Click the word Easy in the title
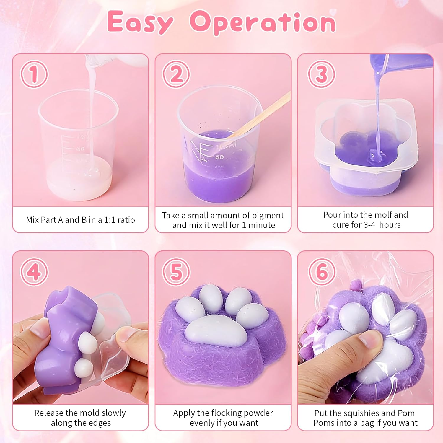click(140, 22)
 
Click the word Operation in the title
click(263, 22)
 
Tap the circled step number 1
click(34, 74)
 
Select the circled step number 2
click(176, 74)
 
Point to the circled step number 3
click(322, 74)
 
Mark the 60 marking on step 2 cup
click(219, 157)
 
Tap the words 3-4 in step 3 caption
click(369, 225)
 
